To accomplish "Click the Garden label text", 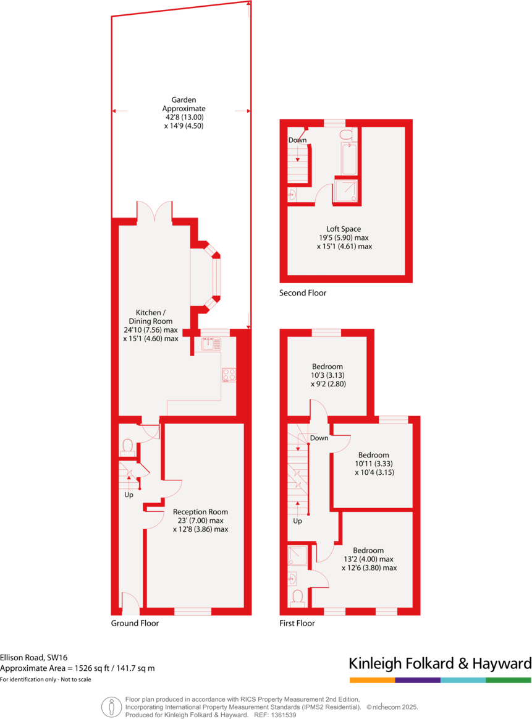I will point(184,99).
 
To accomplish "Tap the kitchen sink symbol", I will point(211,344).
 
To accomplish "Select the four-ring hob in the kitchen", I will point(229,375).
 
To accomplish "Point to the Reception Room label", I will point(200,512).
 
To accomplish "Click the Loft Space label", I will point(344,228).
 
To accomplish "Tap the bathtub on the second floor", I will point(349,159).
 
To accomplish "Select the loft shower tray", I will point(345,190).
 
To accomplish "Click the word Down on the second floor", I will point(297,140).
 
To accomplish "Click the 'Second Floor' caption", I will point(303,293).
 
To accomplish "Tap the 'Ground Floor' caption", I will point(135,623).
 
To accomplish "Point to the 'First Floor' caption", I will point(297,623).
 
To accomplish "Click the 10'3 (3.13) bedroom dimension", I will point(327,375).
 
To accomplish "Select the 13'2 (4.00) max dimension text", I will point(368,559).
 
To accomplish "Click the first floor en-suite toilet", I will point(298,597).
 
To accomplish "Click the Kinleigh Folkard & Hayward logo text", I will point(440,664).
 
